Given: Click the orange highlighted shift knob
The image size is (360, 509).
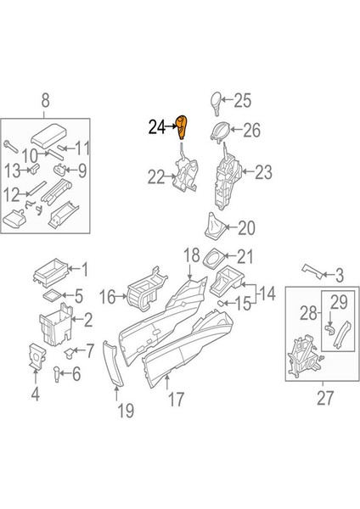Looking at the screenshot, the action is (x=182, y=127).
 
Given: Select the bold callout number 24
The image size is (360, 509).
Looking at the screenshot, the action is (x=157, y=127).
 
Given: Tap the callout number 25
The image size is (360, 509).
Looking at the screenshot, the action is (x=243, y=100).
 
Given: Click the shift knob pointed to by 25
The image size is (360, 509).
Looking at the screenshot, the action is (x=216, y=103).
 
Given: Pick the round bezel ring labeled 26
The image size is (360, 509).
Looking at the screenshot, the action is (x=221, y=131).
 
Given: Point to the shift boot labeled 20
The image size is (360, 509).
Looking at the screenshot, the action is (x=215, y=227).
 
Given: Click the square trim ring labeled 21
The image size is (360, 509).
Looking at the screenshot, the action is (x=213, y=259).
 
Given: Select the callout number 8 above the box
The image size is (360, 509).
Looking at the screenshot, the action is (x=46, y=100).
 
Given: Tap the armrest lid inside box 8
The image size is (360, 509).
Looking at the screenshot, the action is (x=48, y=136).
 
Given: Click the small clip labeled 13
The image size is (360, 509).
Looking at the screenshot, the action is (x=35, y=169).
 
